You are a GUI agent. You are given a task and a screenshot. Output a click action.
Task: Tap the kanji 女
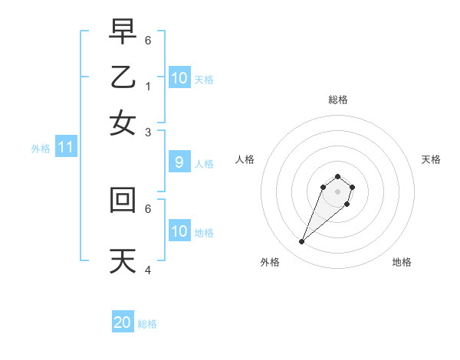[123, 123]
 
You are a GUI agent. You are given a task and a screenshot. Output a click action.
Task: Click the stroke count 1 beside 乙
[148, 86]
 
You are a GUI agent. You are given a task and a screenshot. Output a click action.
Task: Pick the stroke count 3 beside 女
[148, 132]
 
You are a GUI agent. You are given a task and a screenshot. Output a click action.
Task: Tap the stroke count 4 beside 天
[148, 270]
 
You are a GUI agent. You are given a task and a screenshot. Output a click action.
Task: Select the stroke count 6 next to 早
[148, 40]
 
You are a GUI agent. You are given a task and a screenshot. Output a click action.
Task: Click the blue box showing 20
[123, 322]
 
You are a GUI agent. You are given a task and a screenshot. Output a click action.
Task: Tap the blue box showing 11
[65, 148]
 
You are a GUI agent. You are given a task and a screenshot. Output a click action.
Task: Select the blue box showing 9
[179, 162]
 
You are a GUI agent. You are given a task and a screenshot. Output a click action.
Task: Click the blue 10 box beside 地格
[179, 231]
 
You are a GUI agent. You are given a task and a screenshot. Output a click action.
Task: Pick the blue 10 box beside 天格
[179, 78]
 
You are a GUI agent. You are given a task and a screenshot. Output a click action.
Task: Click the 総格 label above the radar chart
[338, 100]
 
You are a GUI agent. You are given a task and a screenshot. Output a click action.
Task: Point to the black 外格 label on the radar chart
[270, 262]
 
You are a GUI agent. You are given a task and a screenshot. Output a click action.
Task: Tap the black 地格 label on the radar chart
[402, 262]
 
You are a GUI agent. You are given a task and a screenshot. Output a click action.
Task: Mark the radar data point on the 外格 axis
[302, 242]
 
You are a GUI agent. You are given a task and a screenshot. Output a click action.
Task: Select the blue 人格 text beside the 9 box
[204, 163]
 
